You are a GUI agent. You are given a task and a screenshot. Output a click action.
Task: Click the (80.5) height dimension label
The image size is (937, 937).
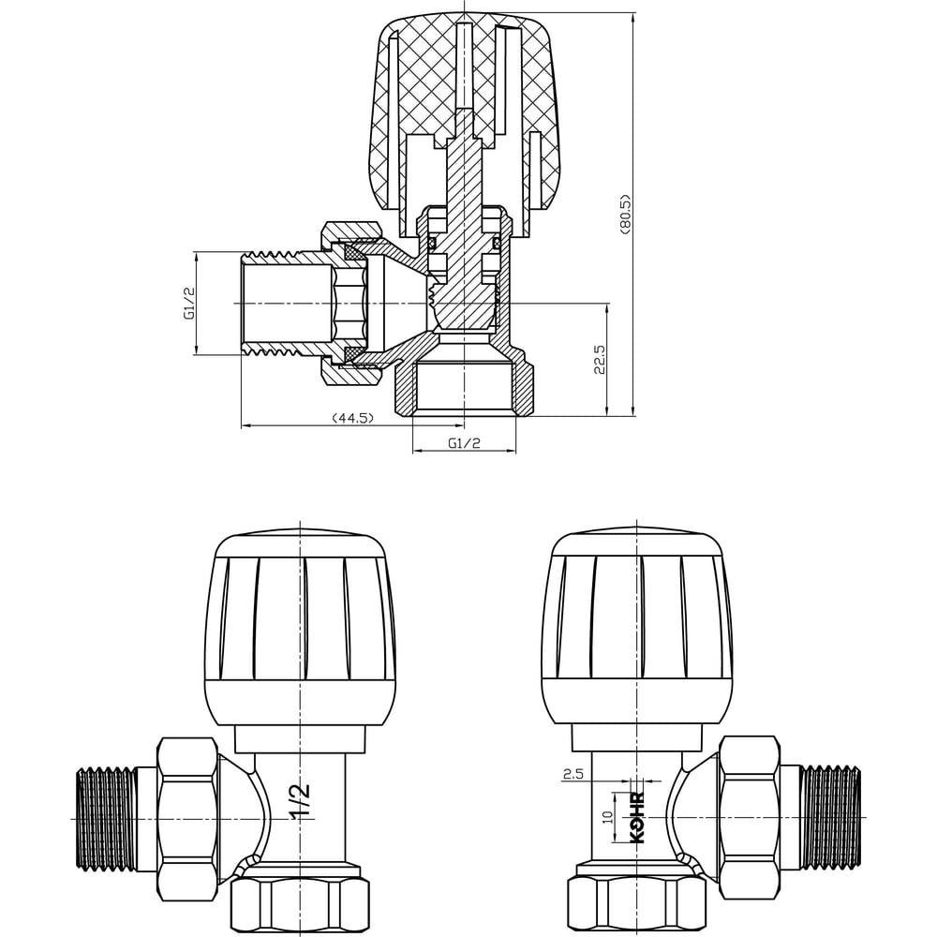coord(626,214)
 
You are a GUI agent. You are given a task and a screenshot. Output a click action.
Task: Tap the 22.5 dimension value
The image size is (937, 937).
coord(600,359)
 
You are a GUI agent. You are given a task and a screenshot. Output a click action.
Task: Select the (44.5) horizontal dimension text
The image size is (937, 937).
coord(352,418)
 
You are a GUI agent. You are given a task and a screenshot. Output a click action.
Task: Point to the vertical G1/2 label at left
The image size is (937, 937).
coord(189,304)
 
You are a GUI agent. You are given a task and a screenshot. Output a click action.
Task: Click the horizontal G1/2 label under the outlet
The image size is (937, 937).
coord(465,443)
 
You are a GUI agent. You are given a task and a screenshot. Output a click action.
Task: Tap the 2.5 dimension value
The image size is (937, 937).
coord(573,775)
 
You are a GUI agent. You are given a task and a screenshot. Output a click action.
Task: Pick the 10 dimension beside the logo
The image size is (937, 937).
coord(608,817)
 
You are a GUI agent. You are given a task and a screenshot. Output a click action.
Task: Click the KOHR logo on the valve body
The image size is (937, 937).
coord(637,817)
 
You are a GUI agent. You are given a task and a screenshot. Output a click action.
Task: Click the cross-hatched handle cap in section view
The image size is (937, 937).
coord(468,113)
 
